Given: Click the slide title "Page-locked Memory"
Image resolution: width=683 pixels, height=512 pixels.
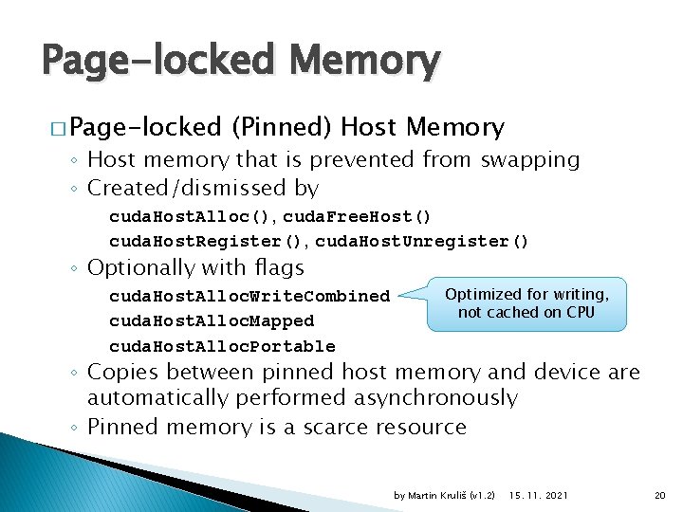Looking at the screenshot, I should [241, 62].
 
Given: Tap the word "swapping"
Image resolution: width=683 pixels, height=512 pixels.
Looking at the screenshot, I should [530, 159].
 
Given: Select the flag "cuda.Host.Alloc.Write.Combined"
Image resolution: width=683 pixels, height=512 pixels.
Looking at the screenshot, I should [249, 296].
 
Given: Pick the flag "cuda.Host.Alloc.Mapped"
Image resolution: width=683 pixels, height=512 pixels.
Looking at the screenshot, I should [212, 321].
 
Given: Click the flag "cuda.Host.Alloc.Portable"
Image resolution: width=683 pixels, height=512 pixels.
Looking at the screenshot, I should [222, 346].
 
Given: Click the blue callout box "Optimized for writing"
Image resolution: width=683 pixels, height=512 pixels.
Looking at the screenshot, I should [526, 303].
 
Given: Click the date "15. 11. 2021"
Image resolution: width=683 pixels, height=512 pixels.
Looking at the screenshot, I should [539, 496].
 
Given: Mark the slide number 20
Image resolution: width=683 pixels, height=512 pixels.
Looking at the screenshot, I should [660, 496].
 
